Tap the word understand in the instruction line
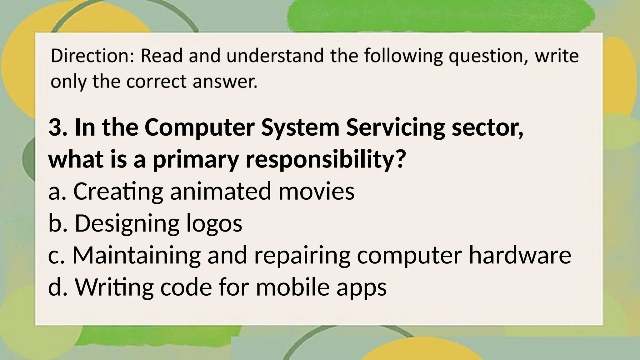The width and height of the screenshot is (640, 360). pos(275,56)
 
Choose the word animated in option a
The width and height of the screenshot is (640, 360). pos(221,191)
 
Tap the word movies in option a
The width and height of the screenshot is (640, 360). pos(316,191)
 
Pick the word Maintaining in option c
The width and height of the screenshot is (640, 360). pos(137,255)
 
